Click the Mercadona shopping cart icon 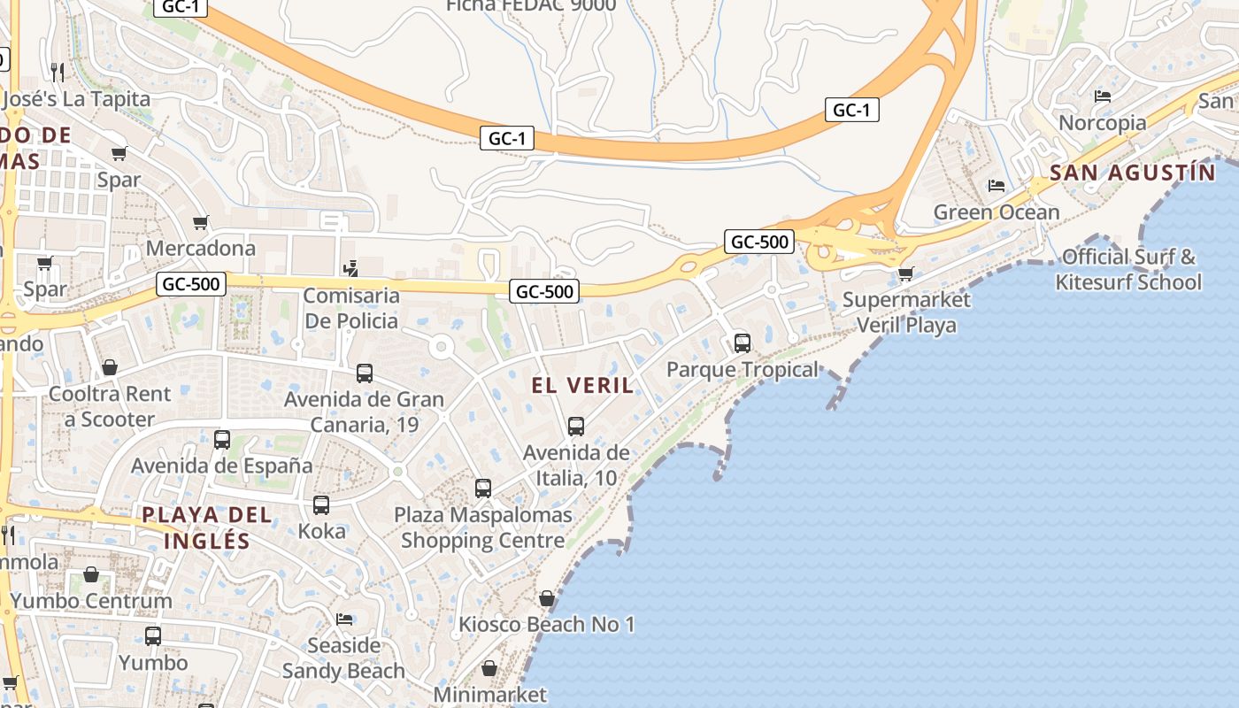point(201,222)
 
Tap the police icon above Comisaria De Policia point(351,268)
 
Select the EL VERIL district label point(582,385)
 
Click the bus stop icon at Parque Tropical point(743,342)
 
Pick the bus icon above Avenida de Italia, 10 point(576,427)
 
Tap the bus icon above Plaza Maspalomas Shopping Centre point(483,488)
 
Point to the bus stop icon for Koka point(321,505)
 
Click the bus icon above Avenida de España point(222,439)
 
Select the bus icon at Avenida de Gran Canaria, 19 point(364,373)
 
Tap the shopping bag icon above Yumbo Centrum point(91,575)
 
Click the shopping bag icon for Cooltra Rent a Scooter point(110,366)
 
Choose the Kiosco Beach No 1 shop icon point(547,598)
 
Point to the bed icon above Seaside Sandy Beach point(344,619)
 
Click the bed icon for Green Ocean point(997,186)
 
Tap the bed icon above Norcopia point(1103,96)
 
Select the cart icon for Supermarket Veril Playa point(905,273)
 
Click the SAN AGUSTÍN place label point(1133,173)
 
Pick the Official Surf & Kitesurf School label point(1128,270)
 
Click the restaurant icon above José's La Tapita point(58,71)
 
